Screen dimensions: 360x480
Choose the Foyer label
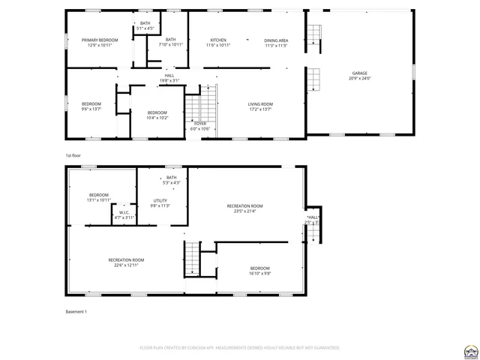pyautogui.click(x=200, y=125)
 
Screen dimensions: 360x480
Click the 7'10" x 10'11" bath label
pyautogui.click(x=171, y=42)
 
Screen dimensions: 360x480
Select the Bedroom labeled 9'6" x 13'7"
pyautogui.click(x=91, y=106)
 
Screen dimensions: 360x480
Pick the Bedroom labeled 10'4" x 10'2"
pyautogui.click(x=157, y=115)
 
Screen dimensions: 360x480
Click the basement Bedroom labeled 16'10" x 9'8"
pyautogui.click(x=260, y=271)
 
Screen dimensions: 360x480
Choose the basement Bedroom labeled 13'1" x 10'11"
pyautogui.click(x=99, y=197)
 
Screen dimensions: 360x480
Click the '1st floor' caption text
pyautogui.click(x=73, y=155)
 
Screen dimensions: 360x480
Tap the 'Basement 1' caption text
pyautogui.click(x=76, y=311)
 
